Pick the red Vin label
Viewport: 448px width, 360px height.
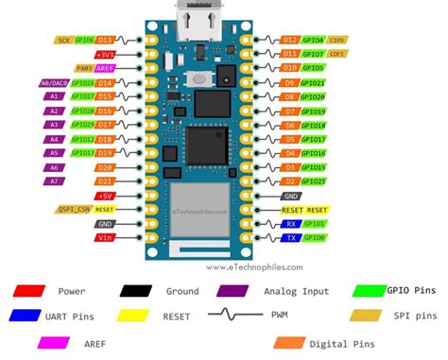pyautogui.click(x=104, y=238)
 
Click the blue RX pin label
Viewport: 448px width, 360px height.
pyautogui.click(x=291, y=224)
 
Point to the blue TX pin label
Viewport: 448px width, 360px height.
pyautogui.click(x=291, y=238)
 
